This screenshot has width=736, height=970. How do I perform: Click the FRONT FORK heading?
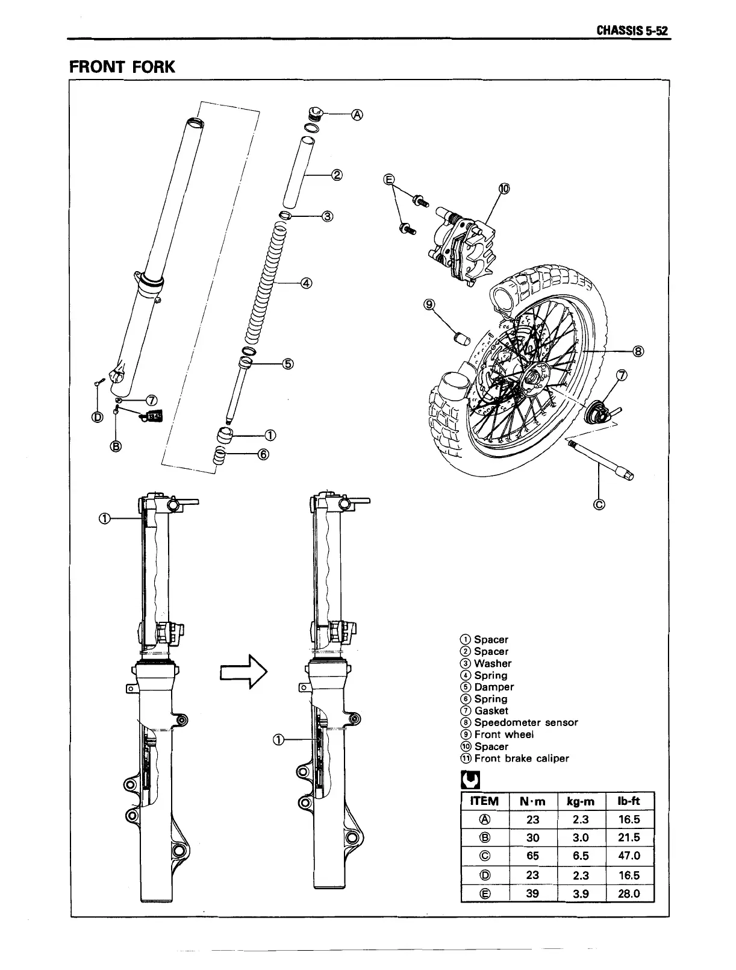[x=122, y=66]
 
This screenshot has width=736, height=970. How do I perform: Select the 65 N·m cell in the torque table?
[x=532, y=856]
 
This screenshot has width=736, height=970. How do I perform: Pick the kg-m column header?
[x=580, y=801]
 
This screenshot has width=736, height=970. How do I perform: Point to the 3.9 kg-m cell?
[x=580, y=894]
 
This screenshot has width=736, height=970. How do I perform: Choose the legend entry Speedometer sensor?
[x=526, y=722]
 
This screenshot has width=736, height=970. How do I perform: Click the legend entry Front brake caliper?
[x=521, y=759]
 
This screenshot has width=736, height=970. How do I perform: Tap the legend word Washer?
[x=493, y=663]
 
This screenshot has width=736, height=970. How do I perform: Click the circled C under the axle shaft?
[x=599, y=505]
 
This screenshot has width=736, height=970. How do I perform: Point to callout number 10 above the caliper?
[x=504, y=189]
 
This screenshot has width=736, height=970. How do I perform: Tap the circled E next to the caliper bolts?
[x=389, y=180]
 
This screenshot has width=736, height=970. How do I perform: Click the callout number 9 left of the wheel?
[x=429, y=305]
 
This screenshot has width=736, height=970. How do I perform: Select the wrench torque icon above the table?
[x=469, y=780]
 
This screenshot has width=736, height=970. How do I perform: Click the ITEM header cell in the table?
[x=484, y=801]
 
